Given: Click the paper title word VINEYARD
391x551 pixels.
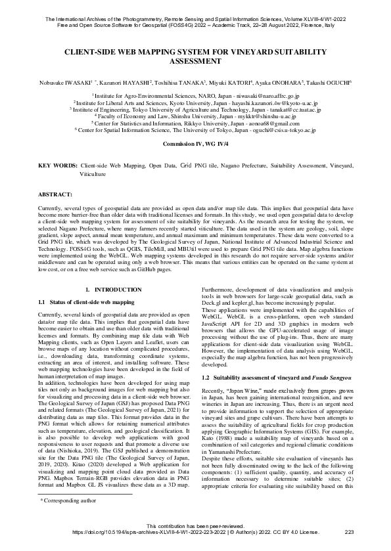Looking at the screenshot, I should point(262,51).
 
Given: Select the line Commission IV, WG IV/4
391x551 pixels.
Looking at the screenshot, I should point(195,143).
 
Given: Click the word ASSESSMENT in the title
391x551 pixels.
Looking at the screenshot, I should point(195,60).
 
